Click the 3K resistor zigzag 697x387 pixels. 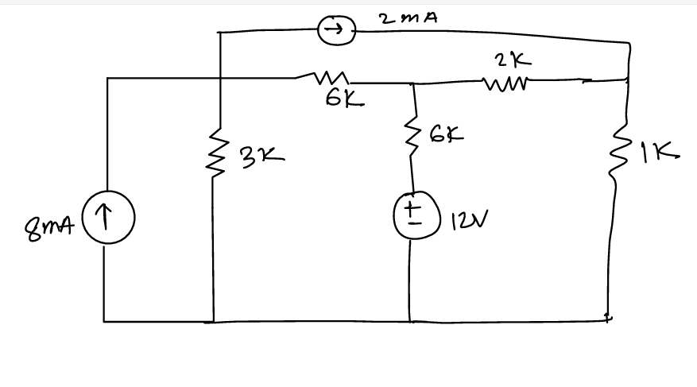[x=214, y=151]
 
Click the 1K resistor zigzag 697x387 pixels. [x=618, y=155]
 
